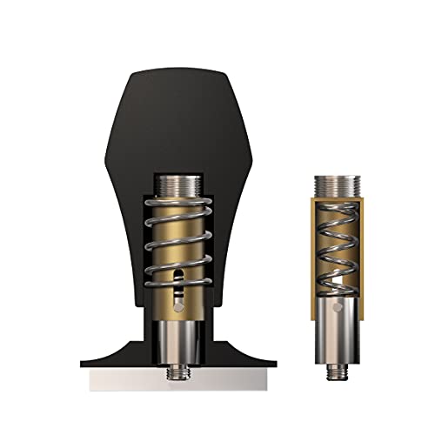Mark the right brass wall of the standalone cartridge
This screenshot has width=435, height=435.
pyautogui.click(x=356, y=252)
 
